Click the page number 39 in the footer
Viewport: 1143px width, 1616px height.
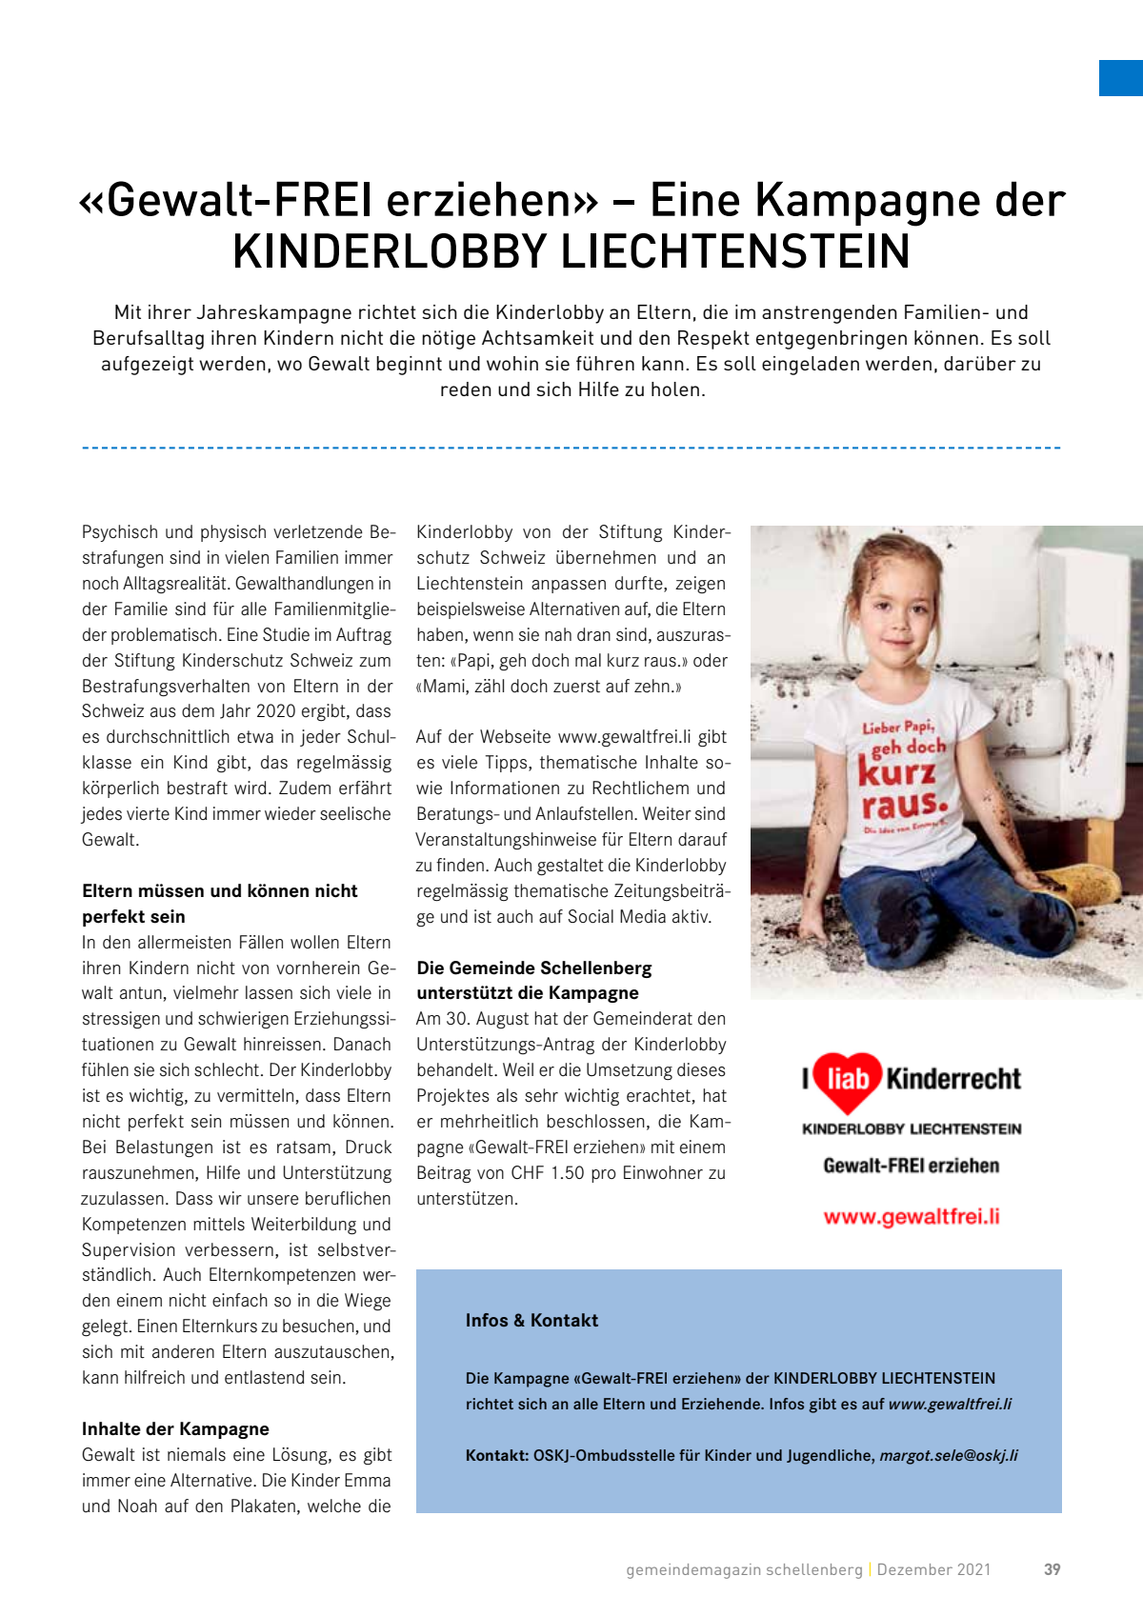(1052, 1569)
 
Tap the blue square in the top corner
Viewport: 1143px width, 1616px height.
(1121, 78)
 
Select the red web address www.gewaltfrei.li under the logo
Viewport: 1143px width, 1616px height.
(912, 1217)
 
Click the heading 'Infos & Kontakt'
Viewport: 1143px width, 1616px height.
(531, 1321)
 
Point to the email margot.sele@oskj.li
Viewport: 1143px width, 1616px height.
(949, 1455)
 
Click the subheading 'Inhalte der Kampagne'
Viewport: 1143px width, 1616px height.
(175, 1428)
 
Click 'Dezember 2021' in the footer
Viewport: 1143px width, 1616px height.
(933, 1569)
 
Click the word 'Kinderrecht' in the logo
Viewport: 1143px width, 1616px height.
(953, 1079)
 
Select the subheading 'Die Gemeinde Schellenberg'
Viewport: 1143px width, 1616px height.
(534, 968)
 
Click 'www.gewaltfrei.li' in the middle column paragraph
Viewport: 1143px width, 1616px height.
(624, 737)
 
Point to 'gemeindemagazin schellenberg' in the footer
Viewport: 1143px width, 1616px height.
(744, 1569)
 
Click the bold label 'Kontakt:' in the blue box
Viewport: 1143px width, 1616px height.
(496, 1455)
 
